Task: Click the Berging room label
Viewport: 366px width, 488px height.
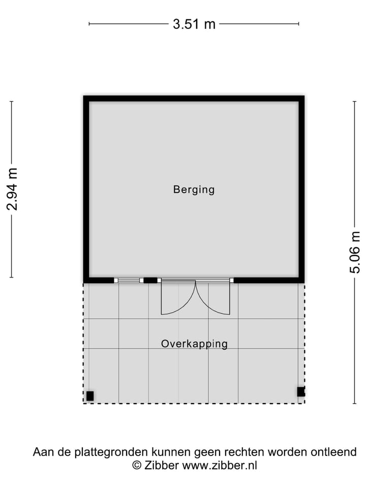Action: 194,190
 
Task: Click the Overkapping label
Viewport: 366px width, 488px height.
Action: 194,344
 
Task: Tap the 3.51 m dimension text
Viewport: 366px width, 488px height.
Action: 194,24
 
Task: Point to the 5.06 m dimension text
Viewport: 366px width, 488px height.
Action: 355,252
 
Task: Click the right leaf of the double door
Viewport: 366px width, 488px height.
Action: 213,298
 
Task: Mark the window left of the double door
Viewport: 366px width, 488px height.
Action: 128,280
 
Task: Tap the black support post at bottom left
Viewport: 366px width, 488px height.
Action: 90,396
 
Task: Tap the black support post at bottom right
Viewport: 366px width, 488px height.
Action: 301,391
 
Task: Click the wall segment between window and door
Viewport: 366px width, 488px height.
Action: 150,280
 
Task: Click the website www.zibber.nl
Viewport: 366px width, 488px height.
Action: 220,465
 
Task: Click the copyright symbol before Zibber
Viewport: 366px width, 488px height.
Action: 137,465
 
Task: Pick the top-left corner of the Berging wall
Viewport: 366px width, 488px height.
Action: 86,99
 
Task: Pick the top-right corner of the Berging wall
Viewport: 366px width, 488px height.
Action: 301,99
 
